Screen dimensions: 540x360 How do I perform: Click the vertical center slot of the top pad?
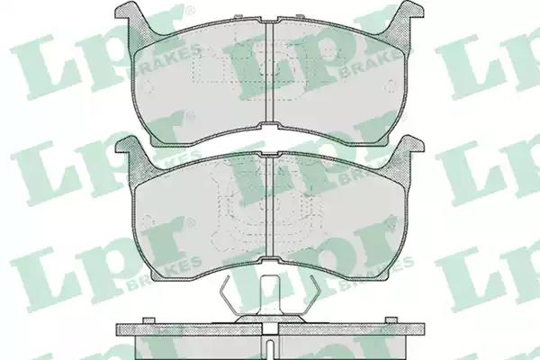[270, 73]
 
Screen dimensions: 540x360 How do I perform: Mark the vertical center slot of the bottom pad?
[270, 208]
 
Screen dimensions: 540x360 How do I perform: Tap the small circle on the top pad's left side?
[148, 86]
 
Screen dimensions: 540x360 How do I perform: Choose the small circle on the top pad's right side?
[391, 85]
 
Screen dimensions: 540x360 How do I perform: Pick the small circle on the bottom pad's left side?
[148, 220]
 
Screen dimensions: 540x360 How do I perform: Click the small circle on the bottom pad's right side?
[391, 220]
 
